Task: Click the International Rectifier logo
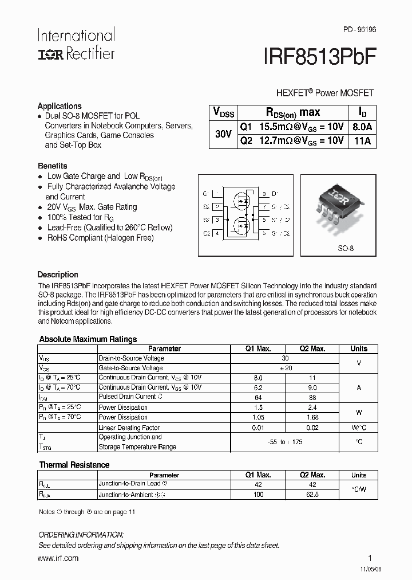(76, 45)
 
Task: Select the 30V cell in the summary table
(223, 134)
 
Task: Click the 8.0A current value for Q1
(362, 127)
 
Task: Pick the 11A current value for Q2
(362, 141)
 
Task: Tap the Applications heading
(60, 106)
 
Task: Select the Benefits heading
(52, 166)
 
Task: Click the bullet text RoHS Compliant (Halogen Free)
(100, 238)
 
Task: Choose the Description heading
(58, 275)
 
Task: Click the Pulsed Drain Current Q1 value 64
(257, 397)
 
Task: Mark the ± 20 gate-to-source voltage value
(285, 368)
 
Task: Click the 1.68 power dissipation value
(312, 417)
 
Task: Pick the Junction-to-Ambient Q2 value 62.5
(312, 494)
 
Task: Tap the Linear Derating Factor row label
(129, 428)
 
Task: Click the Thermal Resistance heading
(74, 465)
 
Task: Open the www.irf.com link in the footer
(58, 558)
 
